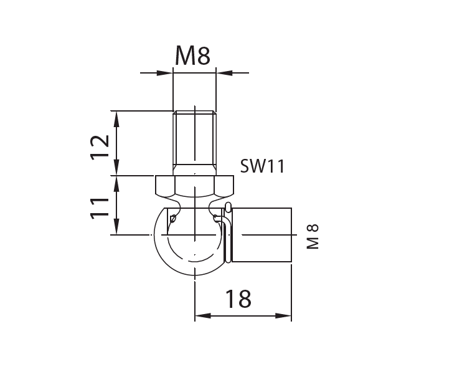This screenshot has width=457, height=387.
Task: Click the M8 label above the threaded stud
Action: click(x=192, y=55)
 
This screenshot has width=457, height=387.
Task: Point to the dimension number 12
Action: click(x=100, y=147)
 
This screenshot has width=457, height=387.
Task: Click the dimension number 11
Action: click(x=100, y=207)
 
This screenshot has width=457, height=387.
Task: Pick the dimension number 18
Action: click(x=238, y=300)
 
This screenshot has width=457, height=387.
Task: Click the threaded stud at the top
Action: click(x=195, y=140)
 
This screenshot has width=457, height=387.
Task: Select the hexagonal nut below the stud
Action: click(x=195, y=186)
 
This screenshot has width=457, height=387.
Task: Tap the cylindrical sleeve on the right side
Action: click(x=261, y=235)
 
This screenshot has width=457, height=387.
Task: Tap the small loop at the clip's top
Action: click(x=228, y=207)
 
